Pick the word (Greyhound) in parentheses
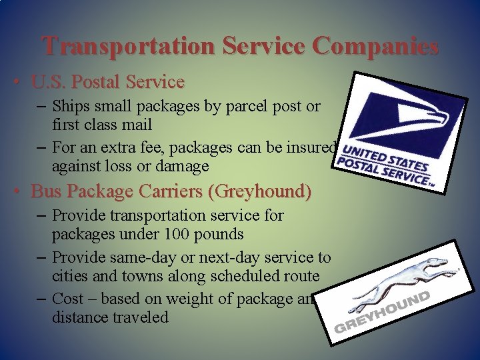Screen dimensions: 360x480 (x=259, y=191)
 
